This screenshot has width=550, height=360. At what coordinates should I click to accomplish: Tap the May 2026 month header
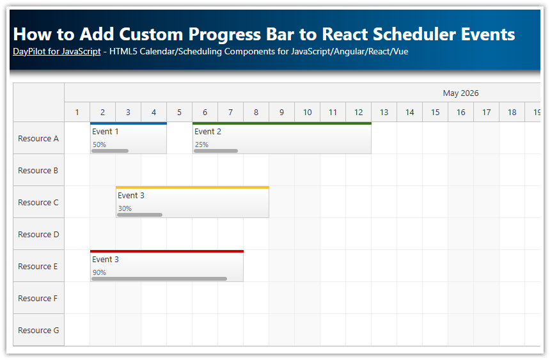pyautogui.click(x=460, y=93)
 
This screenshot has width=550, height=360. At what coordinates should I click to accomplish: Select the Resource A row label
pyautogui.click(x=38, y=138)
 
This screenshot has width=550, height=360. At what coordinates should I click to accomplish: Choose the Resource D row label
pyautogui.click(x=38, y=234)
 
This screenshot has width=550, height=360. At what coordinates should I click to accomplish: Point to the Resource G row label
pyautogui.click(x=38, y=330)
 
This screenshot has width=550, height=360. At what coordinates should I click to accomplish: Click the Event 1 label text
pyautogui.click(x=105, y=132)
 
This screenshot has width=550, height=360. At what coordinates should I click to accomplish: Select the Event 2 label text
pyautogui.click(x=208, y=132)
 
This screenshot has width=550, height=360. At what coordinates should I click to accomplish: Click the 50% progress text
pyautogui.click(x=99, y=145)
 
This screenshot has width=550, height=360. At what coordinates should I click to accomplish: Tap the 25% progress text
pyautogui.click(x=201, y=145)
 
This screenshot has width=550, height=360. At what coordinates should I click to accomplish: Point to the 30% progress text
pyautogui.click(x=125, y=208)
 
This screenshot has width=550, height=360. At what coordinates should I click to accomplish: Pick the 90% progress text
pyautogui.click(x=99, y=272)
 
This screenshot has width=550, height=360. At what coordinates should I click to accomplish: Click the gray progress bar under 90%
pyautogui.click(x=159, y=279)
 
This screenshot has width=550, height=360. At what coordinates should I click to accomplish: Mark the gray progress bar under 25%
pyautogui.click(x=216, y=151)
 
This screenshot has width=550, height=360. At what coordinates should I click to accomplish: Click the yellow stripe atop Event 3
pyautogui.click(x=192, y=187)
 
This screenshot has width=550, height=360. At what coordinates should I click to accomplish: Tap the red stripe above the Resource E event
pyautogui.click(x=166, y=251)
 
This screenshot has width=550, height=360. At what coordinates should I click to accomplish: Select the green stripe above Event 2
pyautogui.click(x=281, y=123)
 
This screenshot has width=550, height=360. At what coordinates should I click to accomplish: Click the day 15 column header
pyautogui.click(x=435, y=113)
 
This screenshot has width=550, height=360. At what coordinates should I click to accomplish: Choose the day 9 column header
pyautogui.click(x=281, y=113)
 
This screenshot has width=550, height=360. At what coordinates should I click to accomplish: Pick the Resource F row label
pyautogui.click(x=38, y=298)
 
